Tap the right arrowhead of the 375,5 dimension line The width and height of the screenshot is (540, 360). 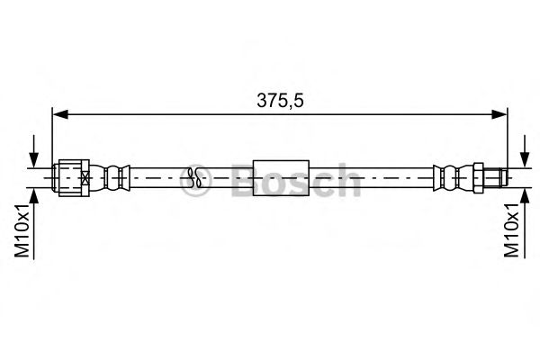[500, 114]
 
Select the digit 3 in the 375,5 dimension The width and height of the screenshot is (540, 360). [260, 102]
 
